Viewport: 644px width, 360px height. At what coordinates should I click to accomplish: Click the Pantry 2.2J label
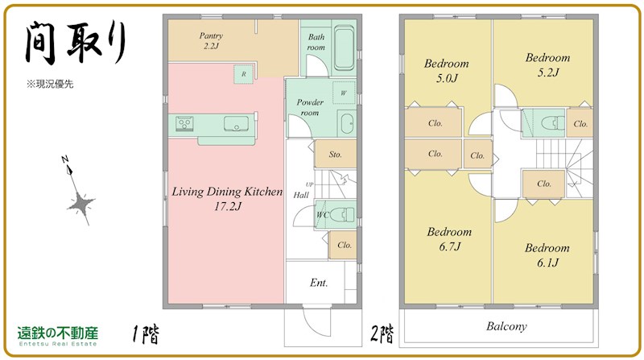pyautogui.click(x=211, y=41)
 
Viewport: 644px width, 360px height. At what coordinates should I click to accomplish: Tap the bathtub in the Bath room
pyautogui.click(x=344, y=48)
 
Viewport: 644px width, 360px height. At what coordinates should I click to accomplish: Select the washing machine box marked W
pyautogui.click(x=343, y=93)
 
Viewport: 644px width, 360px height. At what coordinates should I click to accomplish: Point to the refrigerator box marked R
pyautogui.click(x=244, y=74)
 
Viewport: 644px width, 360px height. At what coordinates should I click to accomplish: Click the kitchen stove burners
pyautogui.click(x=184, y=123)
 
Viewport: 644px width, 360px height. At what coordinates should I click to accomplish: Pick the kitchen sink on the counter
pyautogui.click(x=236, y=123)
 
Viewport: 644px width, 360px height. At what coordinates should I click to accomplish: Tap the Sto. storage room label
pyautogui.click(x=335, y=155)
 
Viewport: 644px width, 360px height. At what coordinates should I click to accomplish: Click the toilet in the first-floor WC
pyautogui.click(x=341, y=214)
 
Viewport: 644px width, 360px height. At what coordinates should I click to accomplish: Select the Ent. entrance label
pyautogui.click(x=319, y=283)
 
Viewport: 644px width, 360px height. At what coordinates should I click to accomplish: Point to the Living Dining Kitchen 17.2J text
pyautogui.click(x=227, y=198)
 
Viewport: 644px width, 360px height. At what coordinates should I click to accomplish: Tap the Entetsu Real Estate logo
pyautogui.click(x=58, y=336)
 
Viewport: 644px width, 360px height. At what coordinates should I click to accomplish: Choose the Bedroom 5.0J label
pyautogui.click(x=447, y=71)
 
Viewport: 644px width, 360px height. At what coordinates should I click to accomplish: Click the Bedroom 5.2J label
pyautogui.click(x=548, y=65)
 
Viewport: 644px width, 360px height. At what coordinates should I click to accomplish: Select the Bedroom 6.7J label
pyautogui.click(x=449, y=238)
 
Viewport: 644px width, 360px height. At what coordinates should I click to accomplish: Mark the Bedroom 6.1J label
pyautogui.click(x=547, y=254)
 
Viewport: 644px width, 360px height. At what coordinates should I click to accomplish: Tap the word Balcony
pyautogui.click(x=506, y=326)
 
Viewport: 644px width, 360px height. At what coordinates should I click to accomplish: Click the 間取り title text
pyautogui.click(x=76, y=43)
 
